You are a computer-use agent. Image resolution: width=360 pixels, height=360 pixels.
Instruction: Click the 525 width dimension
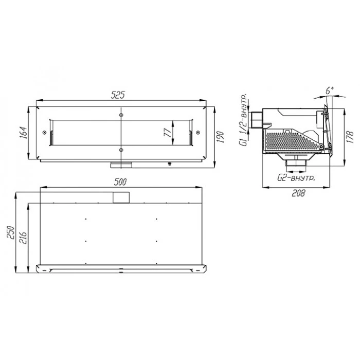click(118, 95)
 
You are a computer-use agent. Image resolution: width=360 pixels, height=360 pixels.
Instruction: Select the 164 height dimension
click(23, 133)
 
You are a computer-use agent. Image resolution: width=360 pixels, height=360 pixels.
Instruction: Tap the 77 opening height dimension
click(168, 133)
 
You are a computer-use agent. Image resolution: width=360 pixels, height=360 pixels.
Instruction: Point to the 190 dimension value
click(221, 137)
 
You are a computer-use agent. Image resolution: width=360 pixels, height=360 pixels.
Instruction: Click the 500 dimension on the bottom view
click(120, 182)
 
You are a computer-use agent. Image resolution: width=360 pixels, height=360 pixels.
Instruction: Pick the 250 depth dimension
click(11, 232)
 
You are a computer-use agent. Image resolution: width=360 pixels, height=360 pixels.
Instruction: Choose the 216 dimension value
click(23, 238)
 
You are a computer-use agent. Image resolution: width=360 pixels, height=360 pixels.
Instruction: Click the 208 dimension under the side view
click(298, 193)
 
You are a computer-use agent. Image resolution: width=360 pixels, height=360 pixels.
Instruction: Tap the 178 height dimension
click(350, 137)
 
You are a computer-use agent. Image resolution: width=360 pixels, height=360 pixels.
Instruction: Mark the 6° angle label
click(330, 90)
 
